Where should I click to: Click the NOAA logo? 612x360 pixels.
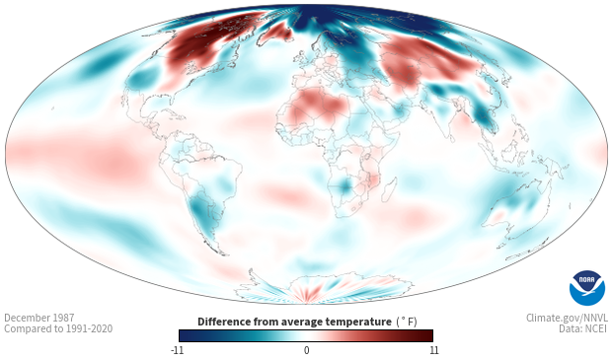coord(587,287)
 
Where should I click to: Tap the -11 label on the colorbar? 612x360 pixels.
coord(177,350)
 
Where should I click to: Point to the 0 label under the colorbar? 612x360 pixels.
coord(306,350)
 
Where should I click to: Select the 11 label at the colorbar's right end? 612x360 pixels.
coord(434,350)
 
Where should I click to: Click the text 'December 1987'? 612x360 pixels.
coord(39,318)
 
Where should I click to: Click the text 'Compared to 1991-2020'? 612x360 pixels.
coord(58,328)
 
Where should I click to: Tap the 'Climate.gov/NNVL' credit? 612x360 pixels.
coord(567,318)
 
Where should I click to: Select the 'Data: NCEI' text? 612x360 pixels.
coord(583,328)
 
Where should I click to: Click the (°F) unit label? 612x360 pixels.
coord(407,322)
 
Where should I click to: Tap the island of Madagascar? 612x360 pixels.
coord(389,189)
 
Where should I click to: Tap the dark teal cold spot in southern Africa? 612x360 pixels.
coord(345,185)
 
